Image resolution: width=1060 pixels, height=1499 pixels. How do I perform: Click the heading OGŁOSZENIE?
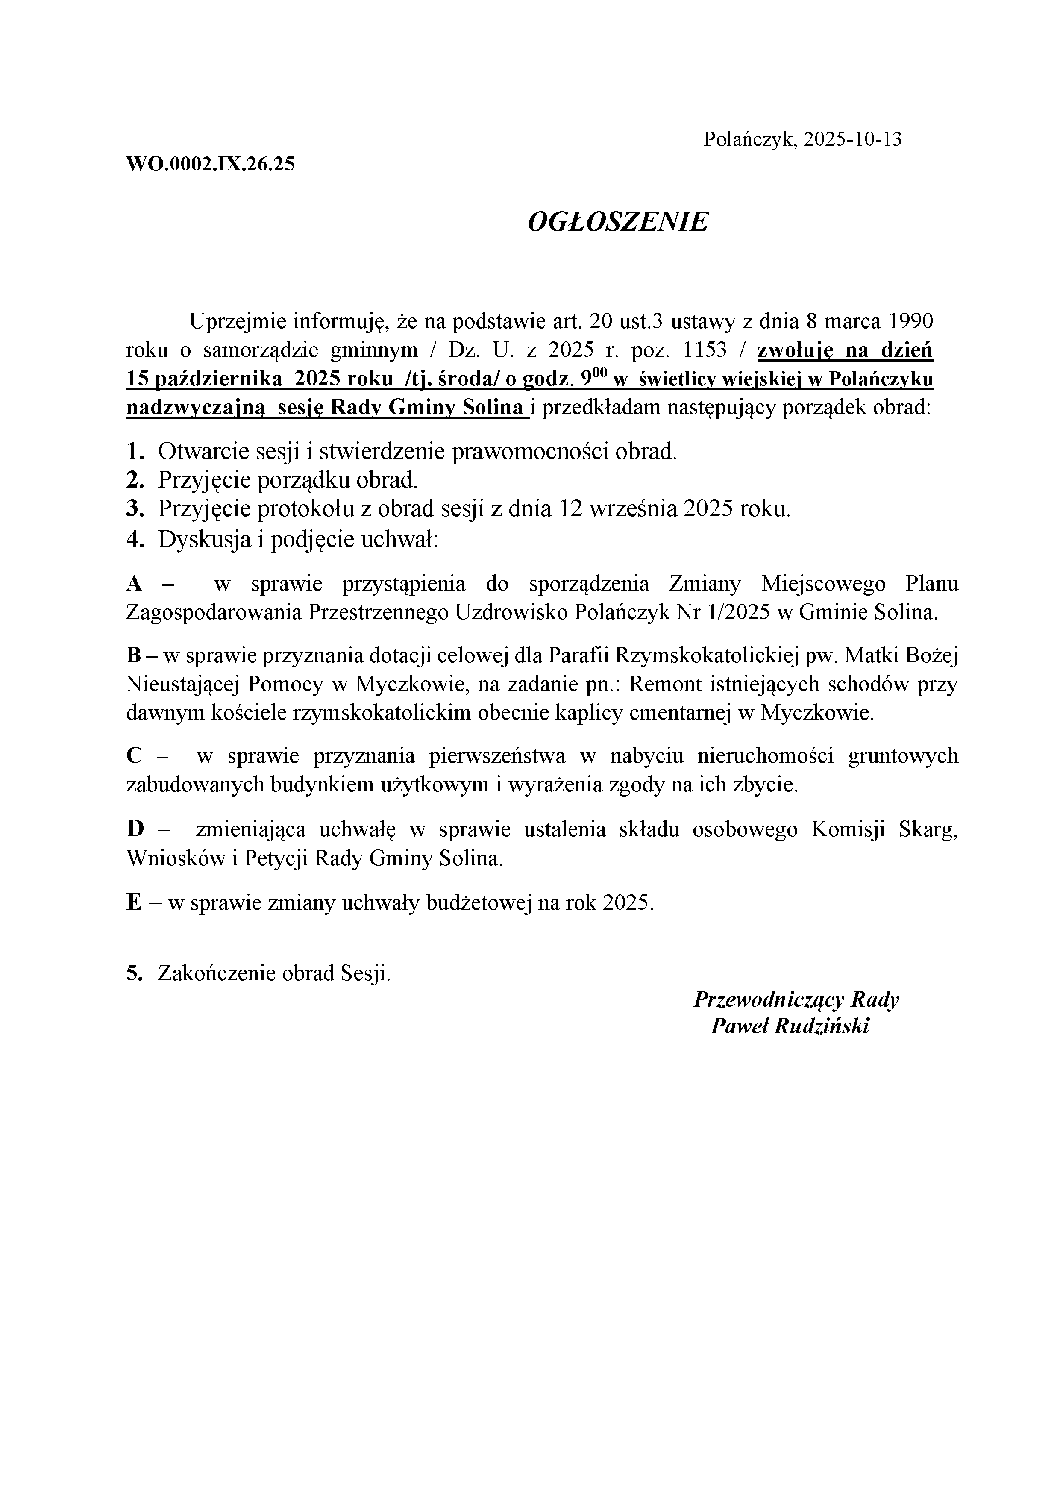coord(617,223)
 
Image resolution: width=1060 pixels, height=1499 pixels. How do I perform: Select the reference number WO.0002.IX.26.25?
coord(210,164)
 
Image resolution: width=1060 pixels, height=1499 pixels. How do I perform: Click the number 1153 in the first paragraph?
coord(704,350)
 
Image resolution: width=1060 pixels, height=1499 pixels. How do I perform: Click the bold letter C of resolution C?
coord(134,756)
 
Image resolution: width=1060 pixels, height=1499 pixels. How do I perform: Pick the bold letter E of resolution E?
coord(133,903)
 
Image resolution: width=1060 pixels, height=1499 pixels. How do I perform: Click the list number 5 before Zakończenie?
coord(134,974)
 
